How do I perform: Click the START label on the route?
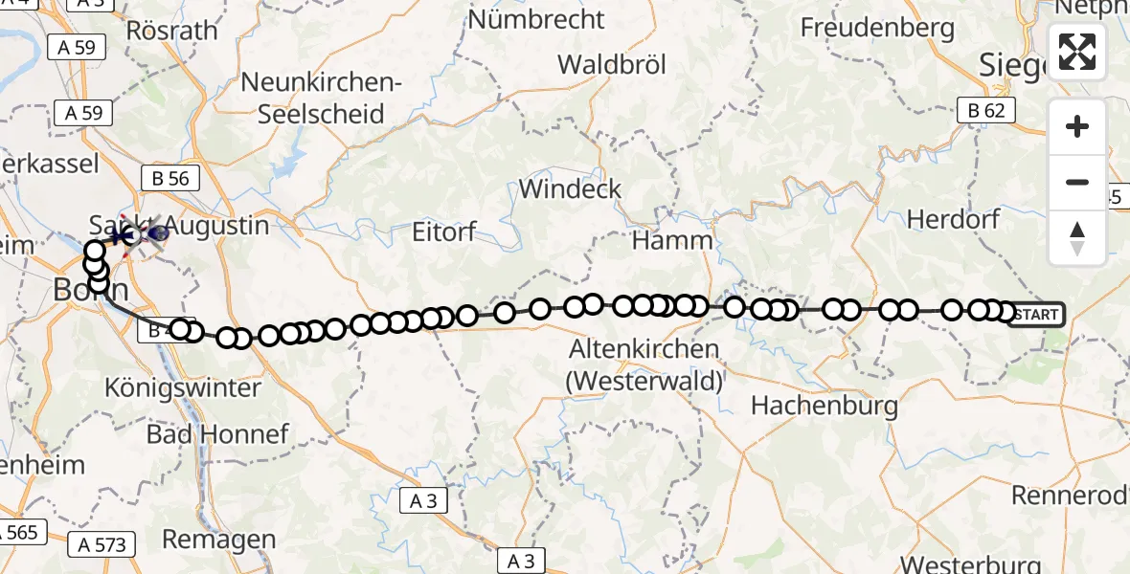tap(1036, 314)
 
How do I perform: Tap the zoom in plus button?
tap(1077, 126)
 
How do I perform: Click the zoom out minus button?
tap(1077, 182)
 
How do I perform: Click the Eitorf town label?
tap(443, 232)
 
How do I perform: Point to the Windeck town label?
tap(570, 188)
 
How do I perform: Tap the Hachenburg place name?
tap(825, 405)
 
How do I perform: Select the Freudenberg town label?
tap(879, 27)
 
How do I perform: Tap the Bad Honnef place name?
tap(217, 434)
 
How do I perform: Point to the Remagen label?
tap(219, 540)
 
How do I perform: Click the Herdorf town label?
tap(953, 219)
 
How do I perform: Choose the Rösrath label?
tap(172, 30)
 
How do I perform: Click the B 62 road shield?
tap(986, 111)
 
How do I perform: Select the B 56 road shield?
tap(170, 177)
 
